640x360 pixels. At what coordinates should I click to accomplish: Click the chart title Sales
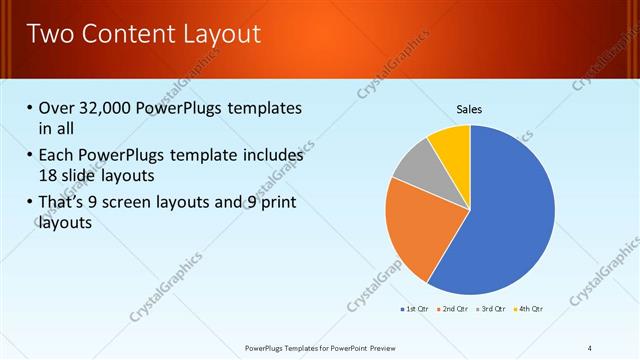pyautogui.click(x=469, y=109)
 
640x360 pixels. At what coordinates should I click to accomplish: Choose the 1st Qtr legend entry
pyautogui.click(x=415, y=309)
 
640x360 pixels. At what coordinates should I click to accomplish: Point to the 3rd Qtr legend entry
pyautogui.click(x=491, y=309)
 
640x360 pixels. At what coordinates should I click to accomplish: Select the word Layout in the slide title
pyautogui.click(x=218, y=34)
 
